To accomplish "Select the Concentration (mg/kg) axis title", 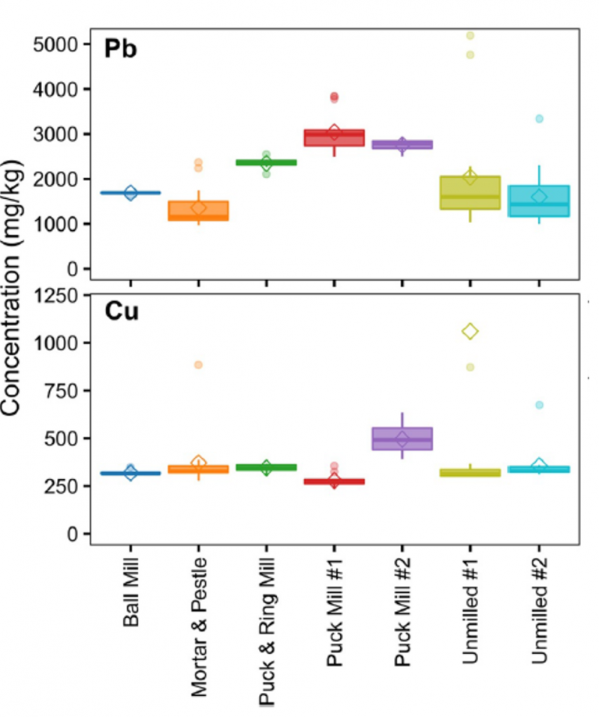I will [x=17, y=288].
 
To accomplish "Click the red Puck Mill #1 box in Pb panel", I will [x=334, y=138].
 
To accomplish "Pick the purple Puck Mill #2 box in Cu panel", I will [x=402, y=438].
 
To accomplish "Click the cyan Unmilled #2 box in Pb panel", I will [x=538, y=201].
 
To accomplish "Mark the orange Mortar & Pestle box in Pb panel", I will [x=198, y=211].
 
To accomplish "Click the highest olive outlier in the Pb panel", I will [x=470, y=35].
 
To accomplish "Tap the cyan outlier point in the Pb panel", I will [x=538, y=119].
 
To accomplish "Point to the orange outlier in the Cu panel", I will [x=198, y=364].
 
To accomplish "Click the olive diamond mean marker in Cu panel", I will [x=470, y=332].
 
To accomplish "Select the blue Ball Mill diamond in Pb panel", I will [x=130, y=193].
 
